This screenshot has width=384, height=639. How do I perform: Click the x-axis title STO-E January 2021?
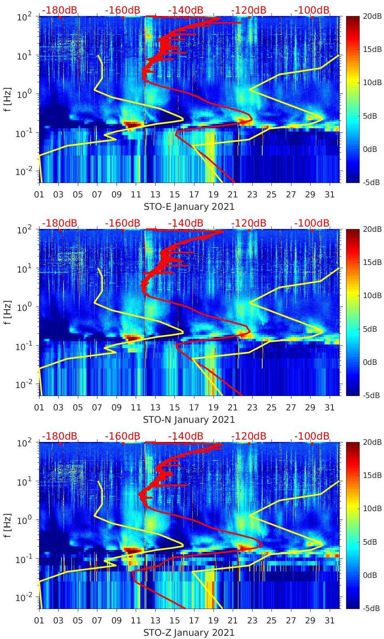pos(189,207)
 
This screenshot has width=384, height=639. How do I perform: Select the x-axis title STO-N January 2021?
pos(189,420)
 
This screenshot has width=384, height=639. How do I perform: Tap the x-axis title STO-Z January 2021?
pos(189,633)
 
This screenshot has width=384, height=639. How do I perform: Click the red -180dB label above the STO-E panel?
pos(59,10)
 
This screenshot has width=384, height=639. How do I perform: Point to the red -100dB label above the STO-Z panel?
pos(312,436)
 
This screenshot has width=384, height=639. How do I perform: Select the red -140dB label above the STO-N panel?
pos(186,223)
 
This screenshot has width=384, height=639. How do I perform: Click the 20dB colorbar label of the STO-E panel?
pos(373,16)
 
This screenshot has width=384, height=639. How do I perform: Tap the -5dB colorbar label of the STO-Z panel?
pos(372,609)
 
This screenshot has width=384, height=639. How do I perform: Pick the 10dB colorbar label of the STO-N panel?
pos(373,296)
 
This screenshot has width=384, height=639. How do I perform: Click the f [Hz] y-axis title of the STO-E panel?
pos(8,100)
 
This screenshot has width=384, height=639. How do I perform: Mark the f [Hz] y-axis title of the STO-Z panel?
pos(8,526)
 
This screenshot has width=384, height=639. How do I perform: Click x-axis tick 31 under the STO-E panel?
pos(329,195)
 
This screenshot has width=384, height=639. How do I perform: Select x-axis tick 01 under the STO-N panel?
pos(39,408)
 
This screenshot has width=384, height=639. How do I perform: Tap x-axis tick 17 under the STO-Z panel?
pos(194,621)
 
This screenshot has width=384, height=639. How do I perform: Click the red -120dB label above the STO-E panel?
pos(249,10)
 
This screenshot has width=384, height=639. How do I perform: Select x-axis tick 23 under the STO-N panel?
pos(252,408)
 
